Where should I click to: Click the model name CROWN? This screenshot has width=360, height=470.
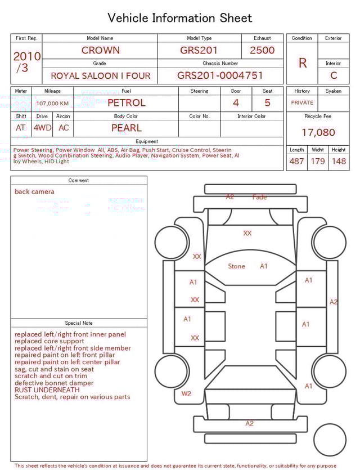click(x=101, y=50)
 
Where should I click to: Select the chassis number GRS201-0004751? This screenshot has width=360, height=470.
click(x=220, y=75)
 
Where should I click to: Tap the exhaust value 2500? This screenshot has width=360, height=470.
click(x=262, y=50)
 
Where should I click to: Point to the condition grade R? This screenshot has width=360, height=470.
click(x=303, y=62)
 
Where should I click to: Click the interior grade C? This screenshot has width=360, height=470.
click(x=334, y=75)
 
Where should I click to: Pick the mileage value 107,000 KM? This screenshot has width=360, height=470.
click(x=52, y=104)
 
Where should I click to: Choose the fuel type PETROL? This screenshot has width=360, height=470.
click(x=127, y=103)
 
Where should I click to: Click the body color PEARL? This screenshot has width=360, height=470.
click(x=127, y=128)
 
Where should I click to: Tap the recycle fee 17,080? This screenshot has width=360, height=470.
click(x=318, y=133)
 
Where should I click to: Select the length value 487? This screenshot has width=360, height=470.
click(x=296, y=162)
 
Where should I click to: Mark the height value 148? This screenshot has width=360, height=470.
click(x=339, y=162)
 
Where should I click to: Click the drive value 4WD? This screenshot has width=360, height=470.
click(x=42, y=128)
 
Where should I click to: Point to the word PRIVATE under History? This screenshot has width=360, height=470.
click(x=302, y=103)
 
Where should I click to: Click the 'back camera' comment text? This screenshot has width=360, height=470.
click(x=35, y=192)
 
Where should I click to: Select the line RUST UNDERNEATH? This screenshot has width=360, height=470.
click(x=47, y=390)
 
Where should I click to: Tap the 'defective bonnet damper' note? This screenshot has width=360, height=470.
click(x=54, y=383)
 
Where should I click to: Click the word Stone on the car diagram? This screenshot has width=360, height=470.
click(x=236, y=266)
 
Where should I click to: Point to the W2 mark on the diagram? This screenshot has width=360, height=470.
click(x=186, y=393)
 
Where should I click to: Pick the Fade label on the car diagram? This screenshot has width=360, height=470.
click(x=260, y=197)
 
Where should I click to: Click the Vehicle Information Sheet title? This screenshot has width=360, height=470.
click(x=180, y=18)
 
